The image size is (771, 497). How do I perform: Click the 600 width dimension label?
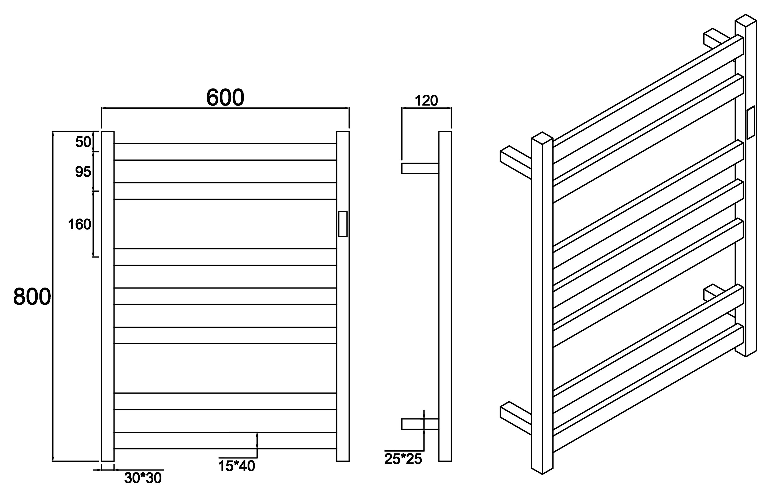(225, 98)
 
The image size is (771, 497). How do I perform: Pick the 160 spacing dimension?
(79, 224)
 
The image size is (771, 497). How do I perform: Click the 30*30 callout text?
(143, 478)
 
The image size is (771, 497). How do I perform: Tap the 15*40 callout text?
(237, 466)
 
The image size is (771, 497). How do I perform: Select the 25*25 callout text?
(403, 459)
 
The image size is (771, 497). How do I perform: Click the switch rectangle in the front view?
(343, 224)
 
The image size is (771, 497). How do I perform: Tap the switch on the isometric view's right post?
(751, 123)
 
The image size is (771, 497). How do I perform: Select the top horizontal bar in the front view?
(225, 152)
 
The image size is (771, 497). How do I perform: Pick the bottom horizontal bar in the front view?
(225, 440)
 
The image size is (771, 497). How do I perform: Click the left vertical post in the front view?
(108, 296)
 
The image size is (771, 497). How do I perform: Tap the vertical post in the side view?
(445, 296)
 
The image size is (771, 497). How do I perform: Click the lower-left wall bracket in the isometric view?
(516, 418)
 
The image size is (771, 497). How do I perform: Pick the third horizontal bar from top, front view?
(225, 257)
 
